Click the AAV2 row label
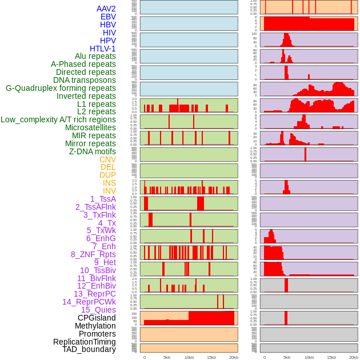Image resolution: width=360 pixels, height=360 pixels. [x=106, y=9]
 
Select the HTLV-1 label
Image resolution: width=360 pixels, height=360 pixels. [x=102, y=49]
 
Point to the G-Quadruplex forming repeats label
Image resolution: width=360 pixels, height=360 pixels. [x=61, y=88]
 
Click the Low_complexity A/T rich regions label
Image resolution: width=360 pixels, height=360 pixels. [x=58, y=119]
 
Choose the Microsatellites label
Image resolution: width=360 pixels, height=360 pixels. [x=90, y=127]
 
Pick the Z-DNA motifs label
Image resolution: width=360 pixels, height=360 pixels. [x=93, y=151]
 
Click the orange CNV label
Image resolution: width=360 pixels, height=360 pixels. [x=107, y=159]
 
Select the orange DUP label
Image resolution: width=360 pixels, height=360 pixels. [x=107, y=175]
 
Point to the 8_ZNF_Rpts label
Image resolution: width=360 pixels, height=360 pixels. [x=93, y=254]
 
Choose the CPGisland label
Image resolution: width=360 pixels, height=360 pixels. [x=97, y=318]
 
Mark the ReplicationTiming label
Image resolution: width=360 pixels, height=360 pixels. [x=84, y=342]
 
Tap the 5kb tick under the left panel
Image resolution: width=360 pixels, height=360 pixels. [x=167, y=357]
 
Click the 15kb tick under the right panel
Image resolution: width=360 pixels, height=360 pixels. [x=331, y=357]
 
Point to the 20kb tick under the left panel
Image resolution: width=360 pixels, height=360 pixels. [x=234, y=357]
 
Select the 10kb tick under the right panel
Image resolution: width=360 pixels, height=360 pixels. [x=309, y=357]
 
